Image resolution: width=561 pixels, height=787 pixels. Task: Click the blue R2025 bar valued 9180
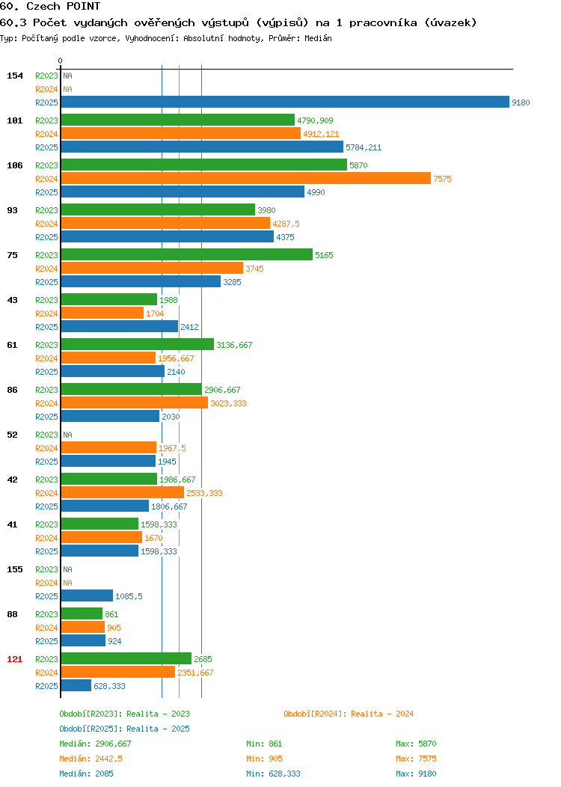click(285, 102)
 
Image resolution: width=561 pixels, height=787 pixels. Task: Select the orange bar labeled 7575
click(246, 178)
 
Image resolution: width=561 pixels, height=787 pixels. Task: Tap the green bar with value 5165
click(187, 254)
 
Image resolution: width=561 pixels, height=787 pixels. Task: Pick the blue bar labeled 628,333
click(76, 685)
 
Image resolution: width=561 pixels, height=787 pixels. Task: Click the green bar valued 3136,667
click(138, 344)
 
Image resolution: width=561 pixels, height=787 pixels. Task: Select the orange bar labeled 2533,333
click(123, 492)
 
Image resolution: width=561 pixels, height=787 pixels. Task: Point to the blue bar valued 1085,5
click(87, 595)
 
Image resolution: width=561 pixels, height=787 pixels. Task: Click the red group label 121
click(14, 659)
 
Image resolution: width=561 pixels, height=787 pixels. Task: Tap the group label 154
click(14, 76)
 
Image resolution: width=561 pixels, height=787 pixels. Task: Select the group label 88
click(12, 614)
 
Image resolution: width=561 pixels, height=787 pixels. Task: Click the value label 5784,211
click(364, 147)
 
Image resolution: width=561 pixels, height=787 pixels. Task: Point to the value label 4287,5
click(286, 224)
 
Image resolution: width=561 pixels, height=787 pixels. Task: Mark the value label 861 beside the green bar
click(111, 614)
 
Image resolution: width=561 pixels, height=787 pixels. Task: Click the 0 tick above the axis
click(61, 61)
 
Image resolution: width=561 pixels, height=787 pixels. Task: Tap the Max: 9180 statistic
click(416, 774)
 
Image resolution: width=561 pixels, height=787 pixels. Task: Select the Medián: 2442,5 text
click(91, 759)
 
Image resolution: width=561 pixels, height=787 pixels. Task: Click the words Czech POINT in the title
click(64, 7)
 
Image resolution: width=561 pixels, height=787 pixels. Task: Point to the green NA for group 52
click(68, 435)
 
